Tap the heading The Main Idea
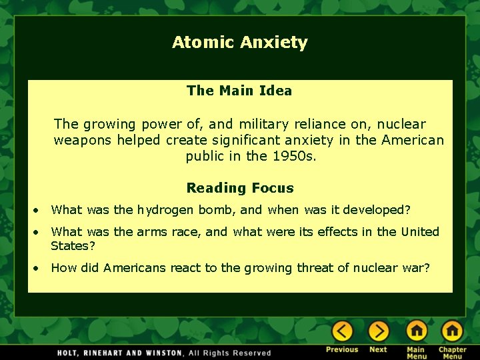point(239,91)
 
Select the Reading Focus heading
point(240,189)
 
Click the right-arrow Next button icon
point(378,331)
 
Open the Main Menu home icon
point(416,331)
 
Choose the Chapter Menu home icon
point(452,331)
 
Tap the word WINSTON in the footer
point(162,353)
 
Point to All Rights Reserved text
point(230,353)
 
